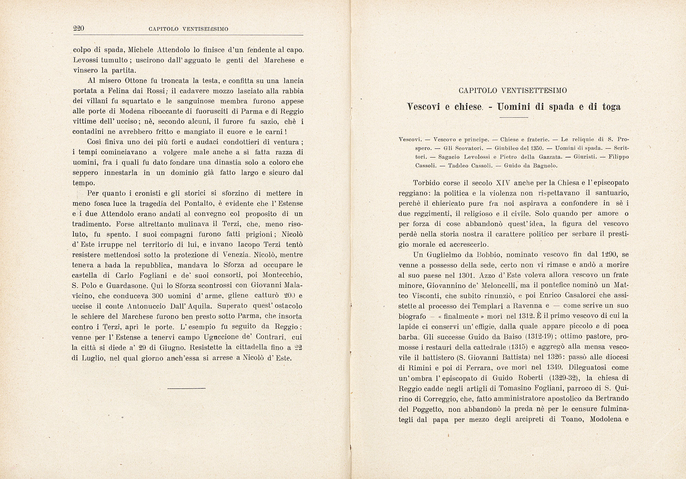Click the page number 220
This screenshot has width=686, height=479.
click(79, 29)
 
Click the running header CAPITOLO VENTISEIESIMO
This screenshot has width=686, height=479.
click(188, 29)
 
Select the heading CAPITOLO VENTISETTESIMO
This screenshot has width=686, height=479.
click(513, 91)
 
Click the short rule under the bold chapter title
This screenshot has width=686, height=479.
click(513, 118)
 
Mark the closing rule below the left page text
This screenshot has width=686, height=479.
click(186, 388)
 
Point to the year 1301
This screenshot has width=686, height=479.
click(466, 275)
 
